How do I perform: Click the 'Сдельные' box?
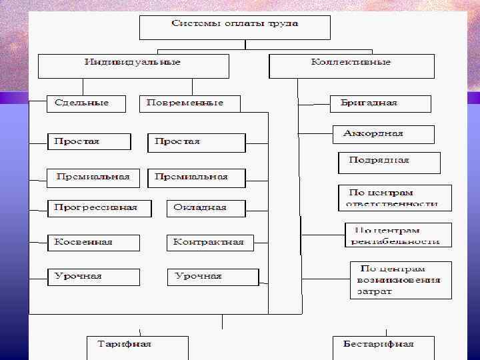pos(87,103)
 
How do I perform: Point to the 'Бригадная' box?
pos(381,103)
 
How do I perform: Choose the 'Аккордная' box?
pos(383,134)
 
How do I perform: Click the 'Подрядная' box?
pos(389,162)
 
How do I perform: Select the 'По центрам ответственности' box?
pos(395,198)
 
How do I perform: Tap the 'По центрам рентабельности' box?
pos(398,235)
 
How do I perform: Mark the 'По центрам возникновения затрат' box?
pos(401,279)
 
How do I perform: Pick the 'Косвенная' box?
pos(93,243)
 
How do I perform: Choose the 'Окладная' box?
pos(205,208)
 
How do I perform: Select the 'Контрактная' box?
pos(209,243)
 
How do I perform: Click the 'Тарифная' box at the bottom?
pos(137,347)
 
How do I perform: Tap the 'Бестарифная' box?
pos(383,347)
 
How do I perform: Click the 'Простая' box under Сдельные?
pos(88,142)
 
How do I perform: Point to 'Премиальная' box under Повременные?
pos(196,177)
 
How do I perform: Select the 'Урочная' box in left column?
pos(93,277)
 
